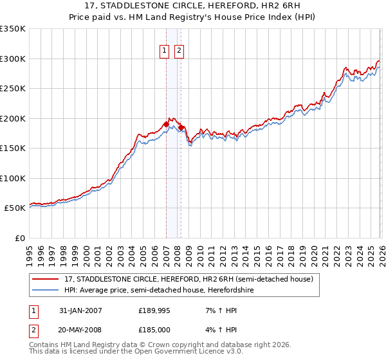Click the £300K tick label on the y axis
point(13,59)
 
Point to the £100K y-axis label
point(13,178)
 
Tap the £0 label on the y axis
point(19,238)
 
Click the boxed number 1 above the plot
point(164,51)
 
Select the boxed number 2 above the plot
point(178,51)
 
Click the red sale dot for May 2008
point(181,127)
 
